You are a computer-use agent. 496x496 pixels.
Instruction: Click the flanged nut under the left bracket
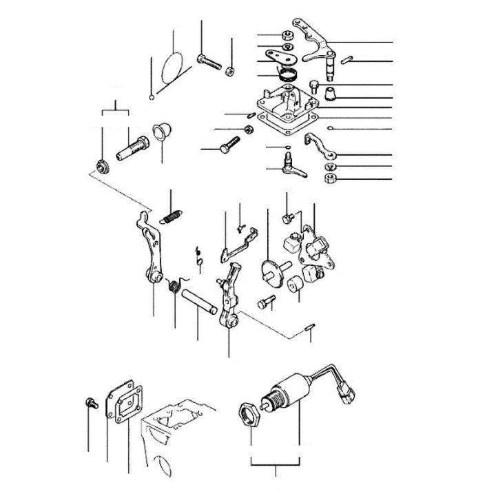102,165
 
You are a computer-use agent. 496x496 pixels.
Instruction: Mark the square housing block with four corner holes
286,110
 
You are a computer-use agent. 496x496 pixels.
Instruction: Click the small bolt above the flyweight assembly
287,218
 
